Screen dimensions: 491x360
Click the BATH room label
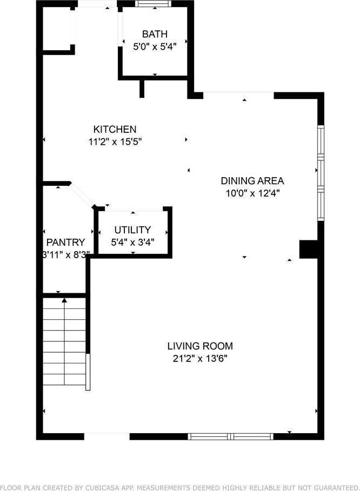point(155,35)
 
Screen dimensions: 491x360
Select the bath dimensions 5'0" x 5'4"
point(155,47)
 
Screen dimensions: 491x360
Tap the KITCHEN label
point(115,129)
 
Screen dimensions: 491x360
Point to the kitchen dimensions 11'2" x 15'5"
point(115,142)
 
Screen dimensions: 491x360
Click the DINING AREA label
point(252,181)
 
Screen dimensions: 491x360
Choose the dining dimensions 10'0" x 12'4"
point(252,193)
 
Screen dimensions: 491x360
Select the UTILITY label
point(132,230)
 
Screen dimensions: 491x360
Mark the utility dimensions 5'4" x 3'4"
point(132,242)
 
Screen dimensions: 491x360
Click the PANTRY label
point(65,242)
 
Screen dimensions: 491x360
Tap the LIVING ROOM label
point(200,346)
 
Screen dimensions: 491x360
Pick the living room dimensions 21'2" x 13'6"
point(200,358)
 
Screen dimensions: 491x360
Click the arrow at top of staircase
point(64,300)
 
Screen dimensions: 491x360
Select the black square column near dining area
point(308,250)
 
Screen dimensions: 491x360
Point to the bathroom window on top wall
point(154,3)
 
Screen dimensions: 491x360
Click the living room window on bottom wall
point(231,436)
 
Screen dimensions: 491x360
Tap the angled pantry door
point(82,195)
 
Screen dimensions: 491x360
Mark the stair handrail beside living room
point(88,372)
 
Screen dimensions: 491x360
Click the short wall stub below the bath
point(142,89)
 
